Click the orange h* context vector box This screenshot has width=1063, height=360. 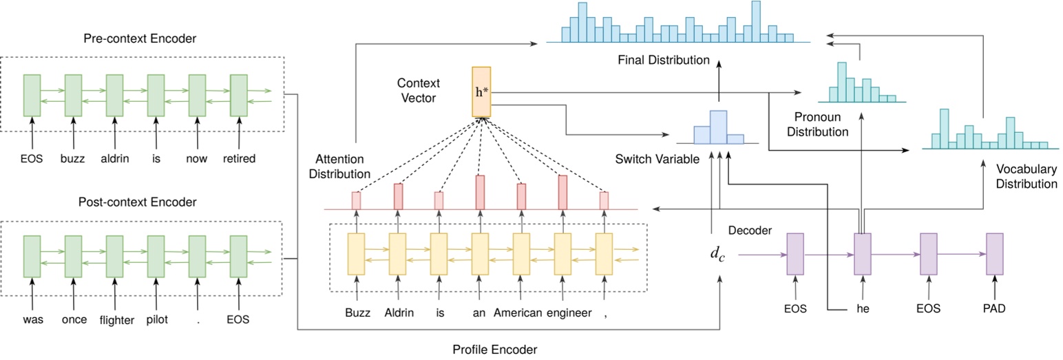coord(481,92)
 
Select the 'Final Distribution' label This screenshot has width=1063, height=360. coord(663,61)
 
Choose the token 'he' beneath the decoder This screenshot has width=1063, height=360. coord(863,308)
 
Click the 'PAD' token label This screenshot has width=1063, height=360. coord(995,308)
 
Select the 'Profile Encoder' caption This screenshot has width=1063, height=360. coord(494,349)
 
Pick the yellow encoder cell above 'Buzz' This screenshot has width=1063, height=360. coord(356,254)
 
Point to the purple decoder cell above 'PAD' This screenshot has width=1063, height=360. coord(994,254)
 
